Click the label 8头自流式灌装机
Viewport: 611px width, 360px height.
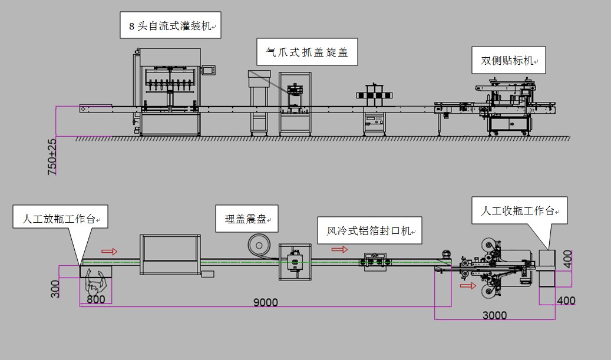[171, 26]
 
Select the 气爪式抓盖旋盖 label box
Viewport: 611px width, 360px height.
[307, 52]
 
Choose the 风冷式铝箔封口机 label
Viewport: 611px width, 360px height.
[370, 230]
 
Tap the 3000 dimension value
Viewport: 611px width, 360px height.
[494, 315]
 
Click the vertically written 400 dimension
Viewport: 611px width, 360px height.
[567, 259]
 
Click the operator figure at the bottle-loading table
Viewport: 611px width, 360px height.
[95, 282]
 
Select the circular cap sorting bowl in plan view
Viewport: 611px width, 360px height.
[258, 244]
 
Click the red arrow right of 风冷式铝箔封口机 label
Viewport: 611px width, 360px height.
[339, 249]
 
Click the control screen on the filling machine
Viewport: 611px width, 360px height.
[208, 71]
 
